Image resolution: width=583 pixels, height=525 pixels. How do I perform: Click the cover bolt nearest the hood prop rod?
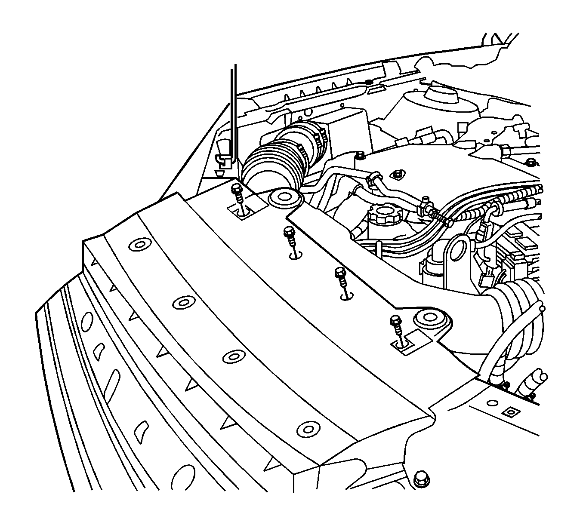(x=236, y=189)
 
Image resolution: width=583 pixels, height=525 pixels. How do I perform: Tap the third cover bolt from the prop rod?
(x=340, y=273)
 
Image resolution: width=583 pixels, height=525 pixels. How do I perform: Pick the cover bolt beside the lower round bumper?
(x=395, y=321)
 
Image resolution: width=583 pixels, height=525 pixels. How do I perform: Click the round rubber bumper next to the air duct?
(x=284, y=198)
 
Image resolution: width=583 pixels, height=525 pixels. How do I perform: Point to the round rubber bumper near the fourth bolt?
(x=429, y=319)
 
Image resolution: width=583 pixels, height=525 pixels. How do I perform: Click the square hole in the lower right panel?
(x=508, y=412)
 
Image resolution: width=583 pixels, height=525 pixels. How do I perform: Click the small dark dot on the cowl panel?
(x=368, y=81)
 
